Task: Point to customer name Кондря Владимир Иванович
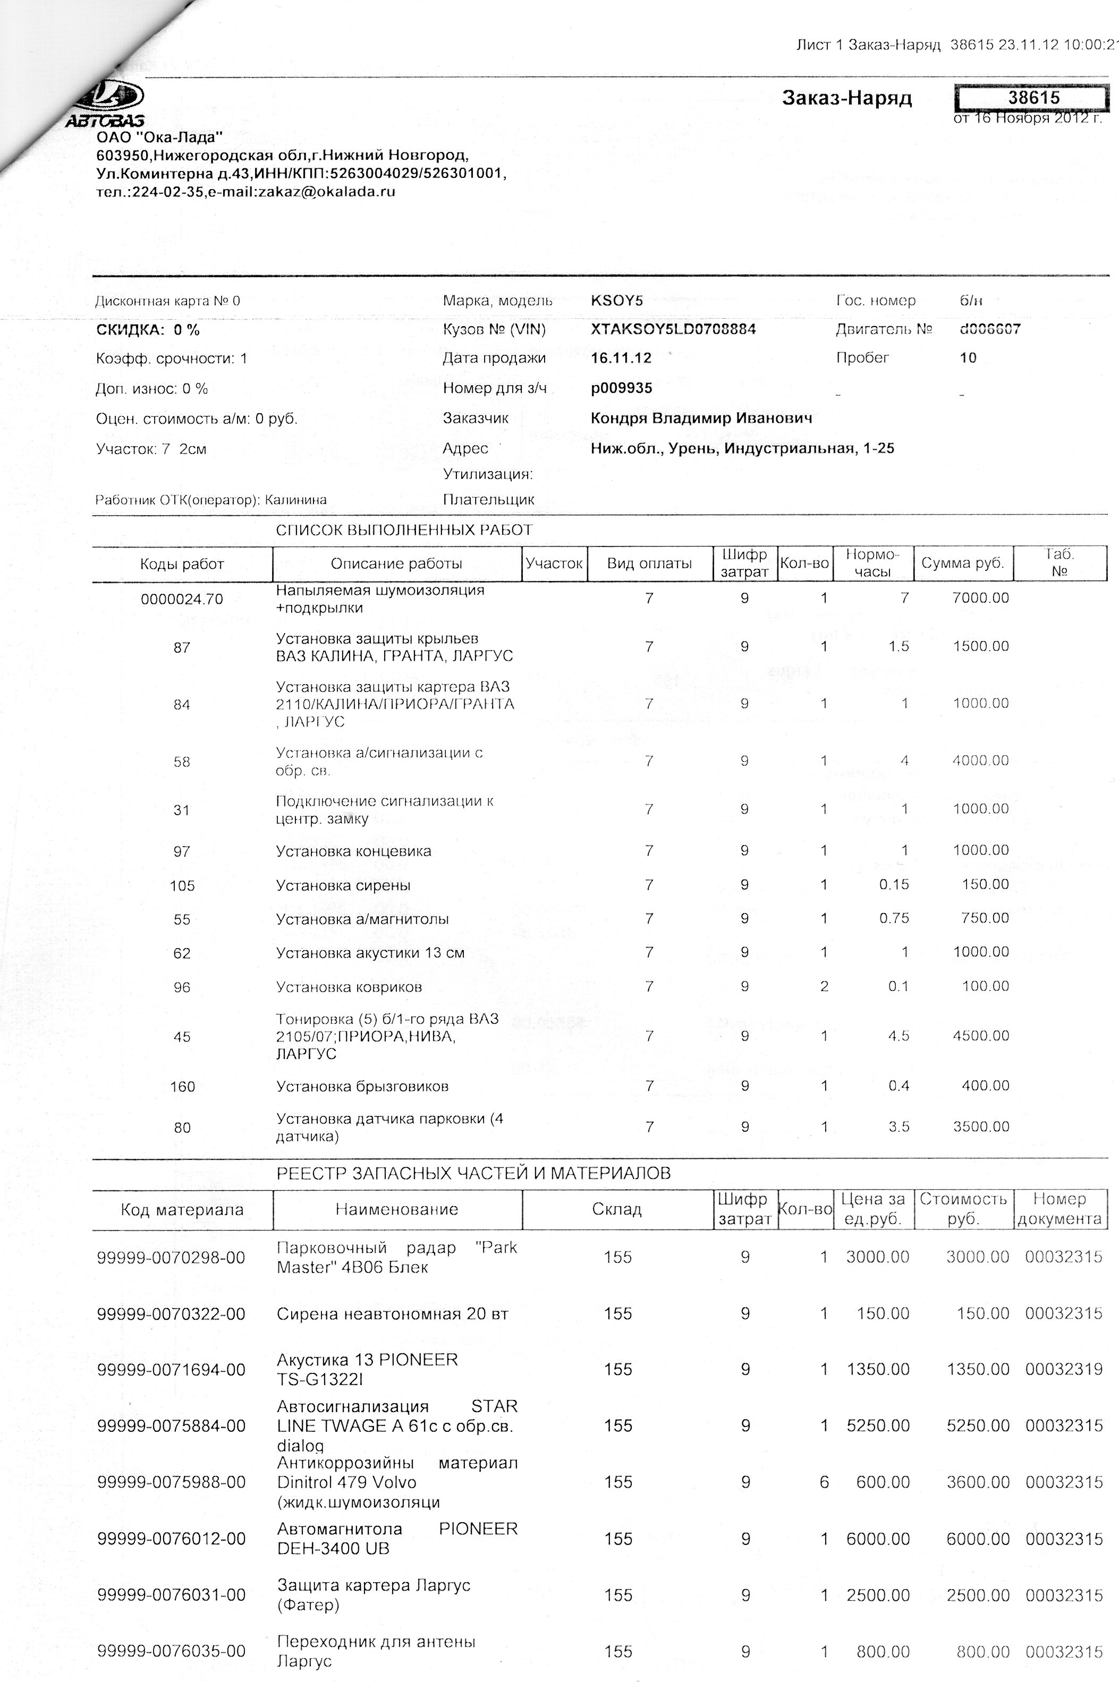point(701,418)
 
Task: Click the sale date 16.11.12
point(621,358)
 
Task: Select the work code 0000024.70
point(182,599)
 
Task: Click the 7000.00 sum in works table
point(980,598)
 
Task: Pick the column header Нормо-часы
point(872,563)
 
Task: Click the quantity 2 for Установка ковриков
point(824,986)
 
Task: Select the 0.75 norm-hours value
point(894,919)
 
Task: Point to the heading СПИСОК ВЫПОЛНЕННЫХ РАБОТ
point(404,530)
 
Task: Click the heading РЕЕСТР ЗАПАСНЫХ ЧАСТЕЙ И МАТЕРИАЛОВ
point(473,1173)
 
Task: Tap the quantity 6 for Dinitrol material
point(824,1482)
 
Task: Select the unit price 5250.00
point(878,1426)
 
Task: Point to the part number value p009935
point(621,389)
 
